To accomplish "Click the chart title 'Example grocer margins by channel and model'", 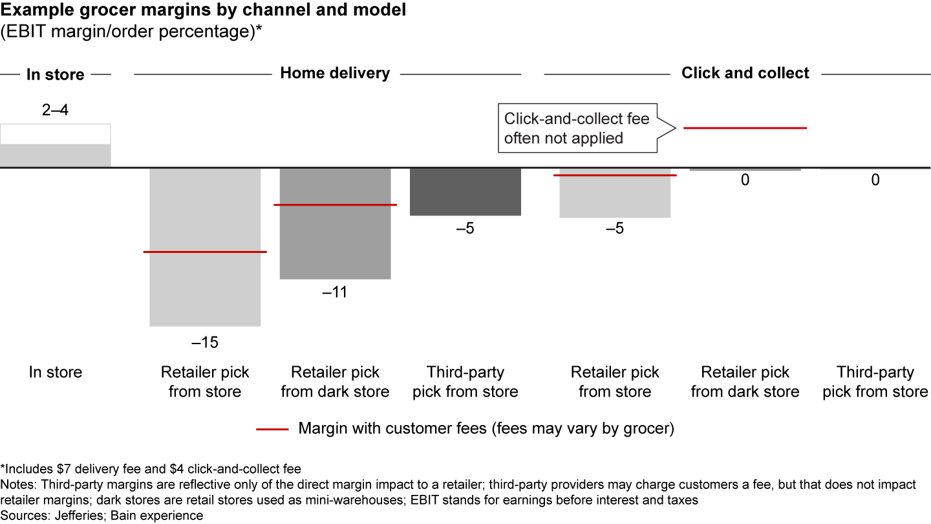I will coord(203,12).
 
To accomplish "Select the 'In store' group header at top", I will coord(56,74).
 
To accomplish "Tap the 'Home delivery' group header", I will coord(335,73).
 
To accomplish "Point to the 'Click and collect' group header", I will coord(745,73).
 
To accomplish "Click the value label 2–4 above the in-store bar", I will coord(55,110).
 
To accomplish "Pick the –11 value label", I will coord(335,292).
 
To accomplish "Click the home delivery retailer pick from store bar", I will coord(205,291).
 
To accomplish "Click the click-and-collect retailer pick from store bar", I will coord(615,197).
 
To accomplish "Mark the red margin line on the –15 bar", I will coord(205,252).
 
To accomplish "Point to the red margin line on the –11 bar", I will coord(335,205).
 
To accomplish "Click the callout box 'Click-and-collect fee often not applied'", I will coord(577,129).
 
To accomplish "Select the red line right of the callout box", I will coord(745,128).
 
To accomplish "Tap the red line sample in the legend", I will coord(272,429).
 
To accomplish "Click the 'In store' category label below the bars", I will coord(56,373).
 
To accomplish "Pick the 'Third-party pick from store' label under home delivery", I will coord(465,382).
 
